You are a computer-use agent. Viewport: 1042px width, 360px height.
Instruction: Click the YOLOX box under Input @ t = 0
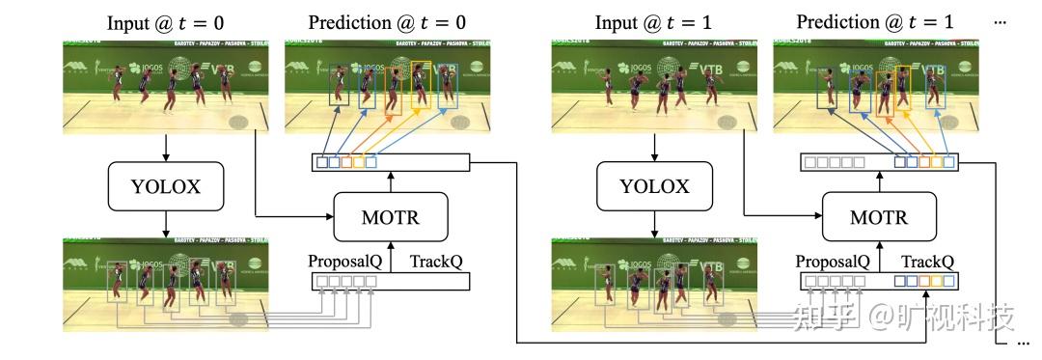click(166, 186)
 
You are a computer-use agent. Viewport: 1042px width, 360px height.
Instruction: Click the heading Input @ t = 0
click(166, 21)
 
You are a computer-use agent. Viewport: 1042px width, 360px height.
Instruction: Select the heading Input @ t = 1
click(653, 21)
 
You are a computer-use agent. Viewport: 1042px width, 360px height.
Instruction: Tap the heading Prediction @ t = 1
click(876, 21)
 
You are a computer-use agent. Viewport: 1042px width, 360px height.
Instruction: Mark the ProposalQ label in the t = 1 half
click(833, 262)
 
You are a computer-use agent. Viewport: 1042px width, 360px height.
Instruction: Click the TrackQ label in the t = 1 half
click(927, 262)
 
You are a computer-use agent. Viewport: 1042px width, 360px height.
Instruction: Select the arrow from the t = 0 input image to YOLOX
click(166, 146)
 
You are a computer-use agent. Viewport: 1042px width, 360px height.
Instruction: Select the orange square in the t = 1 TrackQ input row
click(924, 282)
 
